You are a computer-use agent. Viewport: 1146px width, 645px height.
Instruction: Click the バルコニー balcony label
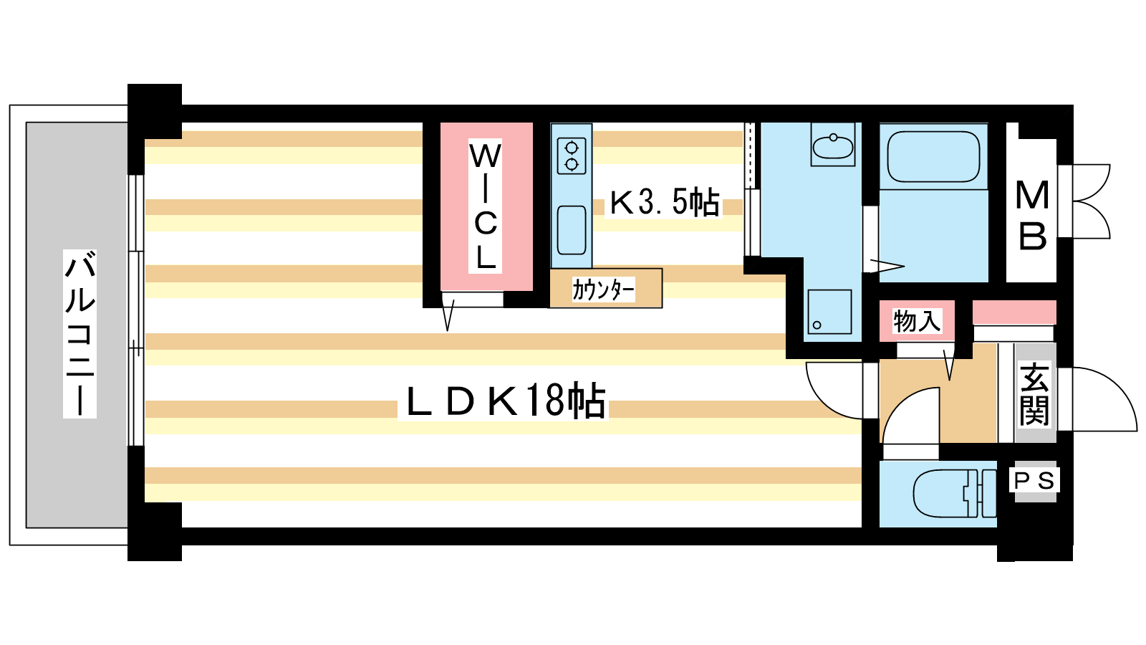pyautogui.click(x=80, y=334)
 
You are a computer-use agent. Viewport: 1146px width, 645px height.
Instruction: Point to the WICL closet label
pyautogui.click(x=485, y=206)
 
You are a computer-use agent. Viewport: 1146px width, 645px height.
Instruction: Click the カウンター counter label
pyautogui.click(x=604, y=290)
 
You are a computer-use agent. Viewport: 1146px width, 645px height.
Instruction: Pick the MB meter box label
pyautogui.click(x=1032, y=216)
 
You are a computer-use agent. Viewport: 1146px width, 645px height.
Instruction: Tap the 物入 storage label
pyautogui.click(x=917, y=322)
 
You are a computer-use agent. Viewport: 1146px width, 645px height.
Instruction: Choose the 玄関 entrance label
pyautogui.click(x=1034, y=394)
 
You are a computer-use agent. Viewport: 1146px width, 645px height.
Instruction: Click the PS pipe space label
pyautogui.click(x=1034, y=480)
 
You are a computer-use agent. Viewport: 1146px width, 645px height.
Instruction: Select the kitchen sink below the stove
pyautogui.click(x=572, y=230)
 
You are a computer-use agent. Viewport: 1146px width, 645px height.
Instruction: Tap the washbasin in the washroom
pyautogui.click(x=833, y=144)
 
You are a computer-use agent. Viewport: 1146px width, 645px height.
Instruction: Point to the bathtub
pyautogui.click(x=934, y=157)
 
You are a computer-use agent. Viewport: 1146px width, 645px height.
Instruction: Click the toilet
pyautogui.click(x=955, y=494)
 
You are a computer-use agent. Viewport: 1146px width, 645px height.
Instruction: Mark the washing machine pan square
pyautogui.click(x=830, y=312)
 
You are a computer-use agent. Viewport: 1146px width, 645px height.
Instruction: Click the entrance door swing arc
pyautogui.click(x=1098, y=399)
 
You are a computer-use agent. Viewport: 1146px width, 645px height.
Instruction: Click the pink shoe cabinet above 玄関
pyautogui.click(x=1014, y=312)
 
